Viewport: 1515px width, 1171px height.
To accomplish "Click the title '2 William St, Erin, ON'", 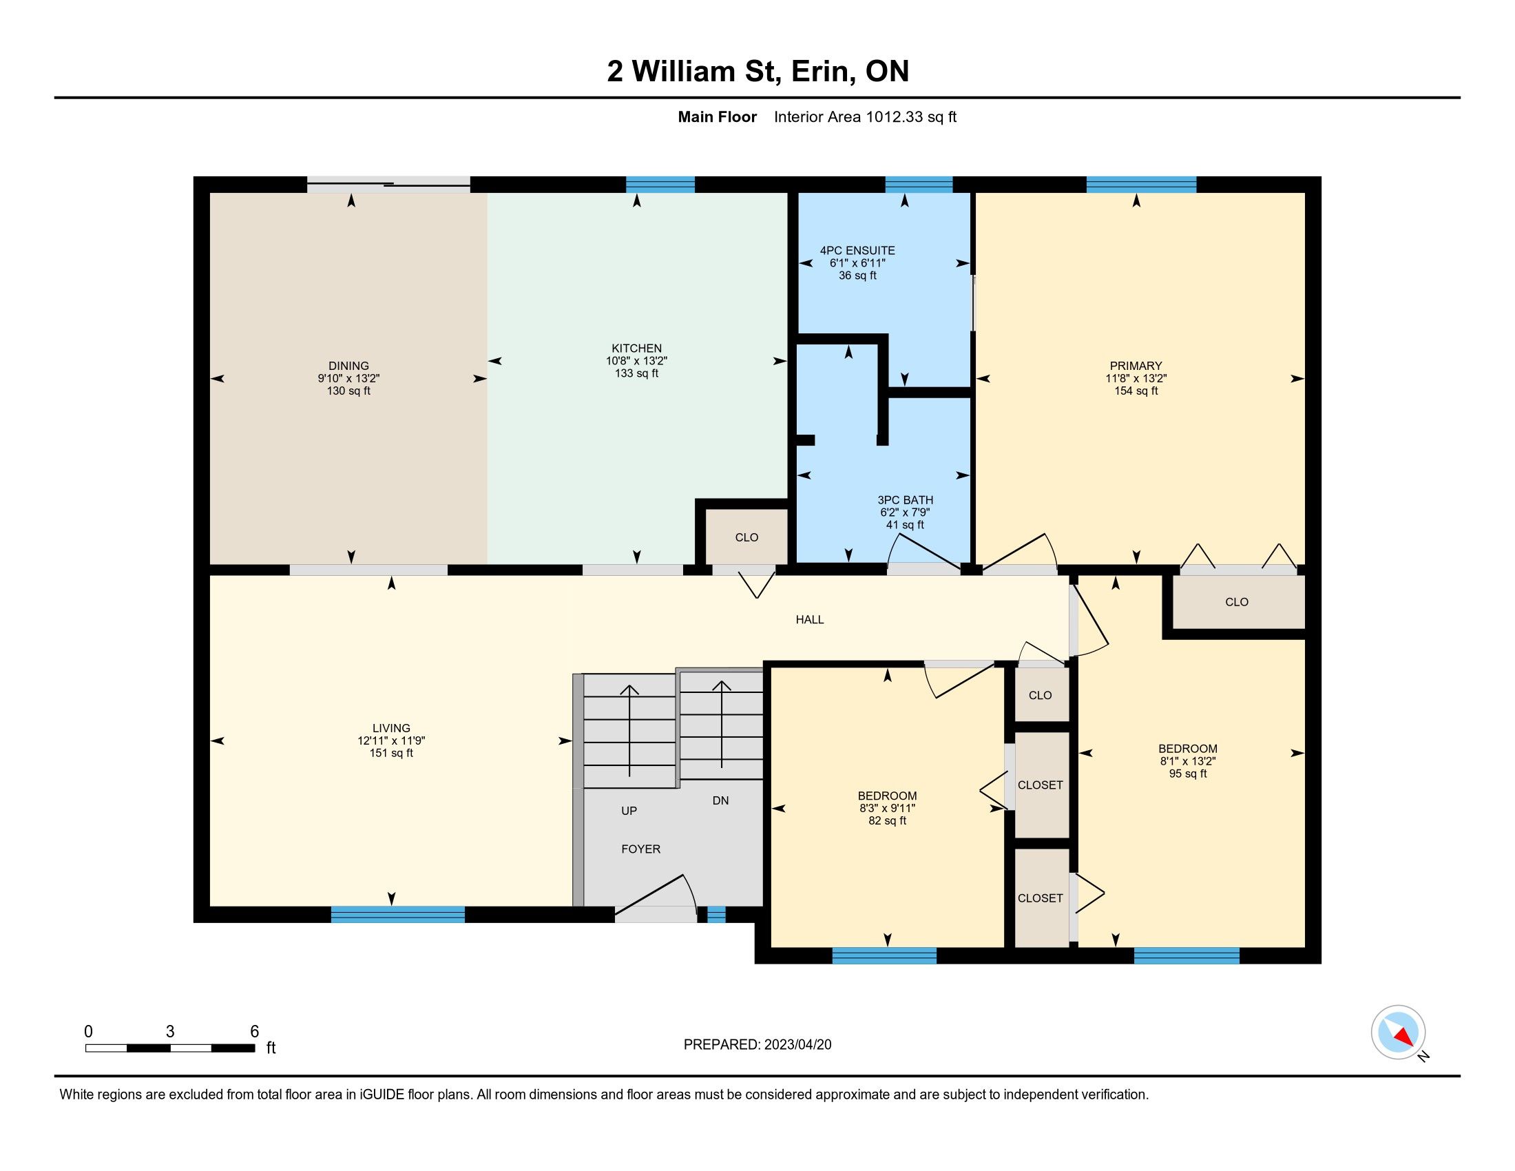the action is coord(757,72).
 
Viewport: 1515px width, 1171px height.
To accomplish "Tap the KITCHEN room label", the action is coord(636,349).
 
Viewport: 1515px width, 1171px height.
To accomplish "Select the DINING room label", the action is coord(348,366).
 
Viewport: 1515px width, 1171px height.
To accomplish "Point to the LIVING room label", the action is coord(391,727).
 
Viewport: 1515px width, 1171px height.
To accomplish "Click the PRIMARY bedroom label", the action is coord(1136,366).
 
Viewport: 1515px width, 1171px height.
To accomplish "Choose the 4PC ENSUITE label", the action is coord(857,251).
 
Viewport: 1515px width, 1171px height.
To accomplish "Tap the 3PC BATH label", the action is coord(906,499).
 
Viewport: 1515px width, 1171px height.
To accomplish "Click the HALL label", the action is coord(810,619).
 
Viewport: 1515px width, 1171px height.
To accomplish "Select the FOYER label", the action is coord(640,849).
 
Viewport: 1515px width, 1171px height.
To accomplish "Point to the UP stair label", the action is coord(629,810).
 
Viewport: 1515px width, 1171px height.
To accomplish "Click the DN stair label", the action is coord(721,800).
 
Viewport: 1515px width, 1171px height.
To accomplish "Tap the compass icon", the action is coord(1399,1032).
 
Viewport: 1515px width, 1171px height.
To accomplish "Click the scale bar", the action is coord(170,1048).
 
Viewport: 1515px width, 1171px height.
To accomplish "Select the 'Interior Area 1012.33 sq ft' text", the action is coord(865,116).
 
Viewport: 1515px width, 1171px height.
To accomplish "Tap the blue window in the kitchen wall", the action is coord(660,185).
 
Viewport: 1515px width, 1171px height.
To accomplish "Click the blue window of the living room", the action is coord(397,914).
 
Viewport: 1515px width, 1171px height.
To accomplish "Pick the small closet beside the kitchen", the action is coord(746,537).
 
